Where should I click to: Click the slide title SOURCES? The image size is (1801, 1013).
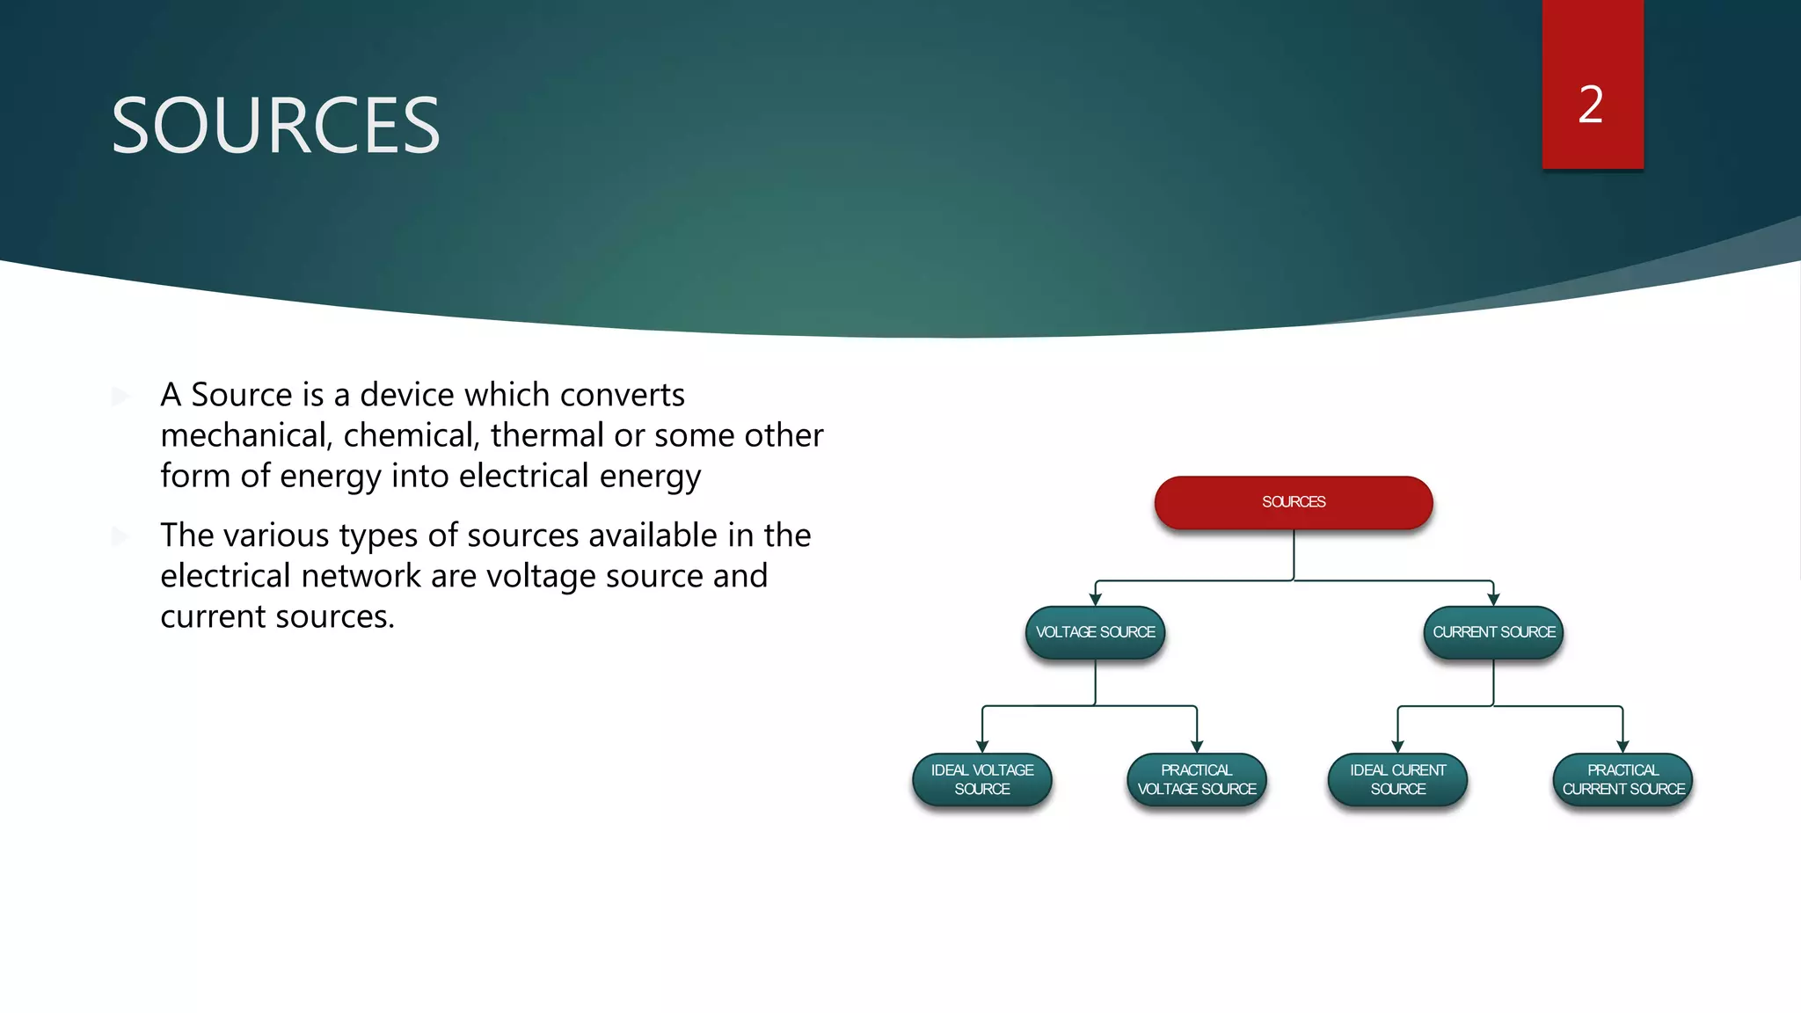pos(275,127)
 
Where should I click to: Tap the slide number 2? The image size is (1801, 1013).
pos(1591,105)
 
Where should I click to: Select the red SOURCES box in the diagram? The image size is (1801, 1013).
pos(1293,502)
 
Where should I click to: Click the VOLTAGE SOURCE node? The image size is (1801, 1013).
pos(1095,632)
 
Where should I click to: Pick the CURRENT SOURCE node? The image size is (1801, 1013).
pos(1493,632)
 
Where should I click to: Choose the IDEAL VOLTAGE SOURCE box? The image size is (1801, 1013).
pos(982,780)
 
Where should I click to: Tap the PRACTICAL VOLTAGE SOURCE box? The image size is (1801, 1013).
pos(1196,780)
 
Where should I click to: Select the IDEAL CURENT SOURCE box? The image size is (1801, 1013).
pos(1397,780)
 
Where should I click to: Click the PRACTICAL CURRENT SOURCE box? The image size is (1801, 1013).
pos(1622,780)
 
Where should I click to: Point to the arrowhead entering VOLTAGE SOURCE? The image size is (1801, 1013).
pos(1095,600)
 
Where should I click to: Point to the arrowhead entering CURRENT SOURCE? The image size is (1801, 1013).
pos(1493,600)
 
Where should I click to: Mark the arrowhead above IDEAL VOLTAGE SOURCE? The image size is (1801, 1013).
pos(982,747)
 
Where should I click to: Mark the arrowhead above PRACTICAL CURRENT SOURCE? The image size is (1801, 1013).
pos(1622,747)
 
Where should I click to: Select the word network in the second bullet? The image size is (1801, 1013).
pos(361,576)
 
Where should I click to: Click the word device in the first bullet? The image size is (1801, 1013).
pos(406,395)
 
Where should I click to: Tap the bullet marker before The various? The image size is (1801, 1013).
pos(120,536)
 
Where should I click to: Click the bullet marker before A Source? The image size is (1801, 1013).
pos(120,397)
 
